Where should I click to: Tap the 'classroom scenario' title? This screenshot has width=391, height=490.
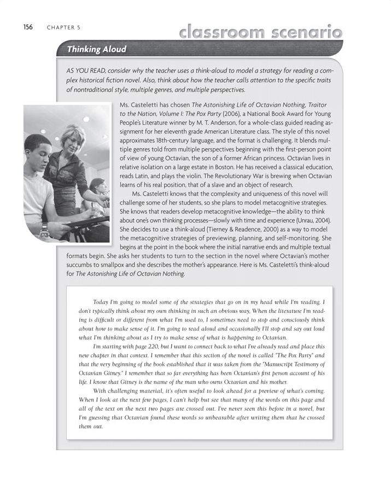click(260, 32)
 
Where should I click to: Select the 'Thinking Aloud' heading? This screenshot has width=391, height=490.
click(96, 50)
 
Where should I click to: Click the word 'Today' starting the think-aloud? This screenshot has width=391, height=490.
click(102, 302)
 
